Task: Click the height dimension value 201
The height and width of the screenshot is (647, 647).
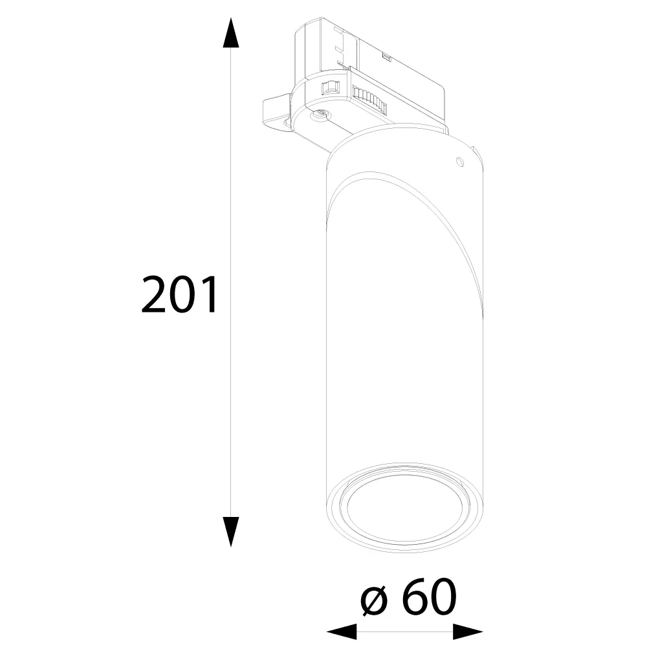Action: [179, 294]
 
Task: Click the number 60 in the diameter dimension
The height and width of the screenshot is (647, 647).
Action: [430, 597]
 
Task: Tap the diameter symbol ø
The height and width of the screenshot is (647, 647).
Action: [375, 601]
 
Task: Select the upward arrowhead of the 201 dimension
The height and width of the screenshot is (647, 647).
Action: [231, 33]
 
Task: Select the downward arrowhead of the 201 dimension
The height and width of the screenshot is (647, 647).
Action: [231, 532]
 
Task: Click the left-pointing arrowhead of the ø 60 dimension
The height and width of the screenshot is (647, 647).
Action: [342, 631]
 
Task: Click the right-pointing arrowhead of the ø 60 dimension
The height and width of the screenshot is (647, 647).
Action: [468, 631]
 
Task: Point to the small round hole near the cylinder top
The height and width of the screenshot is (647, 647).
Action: [459, 161]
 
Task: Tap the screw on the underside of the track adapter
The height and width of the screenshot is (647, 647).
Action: [322, 114]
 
